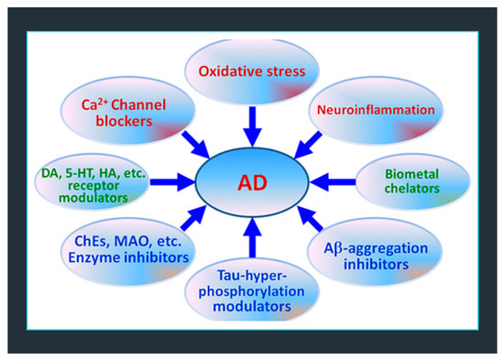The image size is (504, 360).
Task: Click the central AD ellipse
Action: coord(251,178)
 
